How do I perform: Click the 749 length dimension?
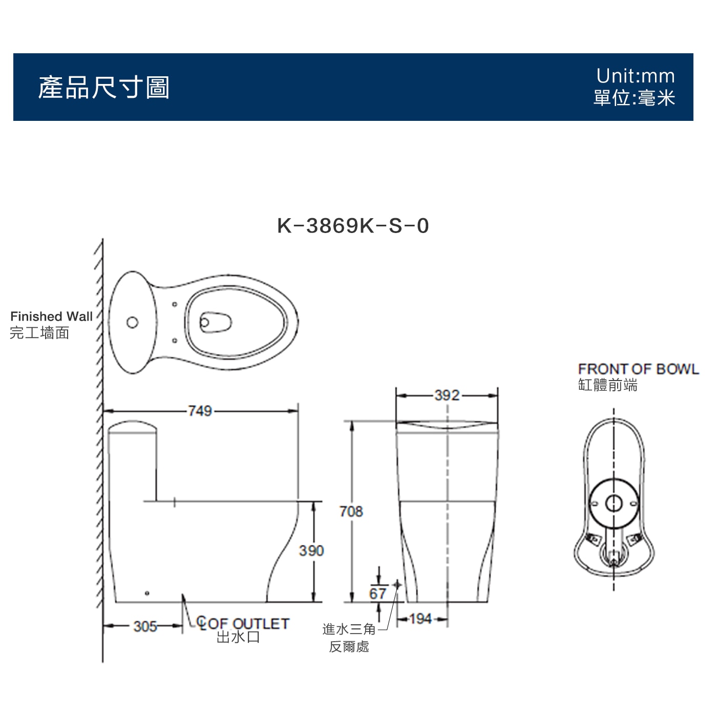[x=200, y=411]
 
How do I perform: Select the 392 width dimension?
[x=447, y=395]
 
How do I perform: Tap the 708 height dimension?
[x=351, y=511]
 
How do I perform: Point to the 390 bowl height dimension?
[x=311, y=551]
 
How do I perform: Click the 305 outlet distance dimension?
[x=145, y=626]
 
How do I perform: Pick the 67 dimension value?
[x=377, y=594]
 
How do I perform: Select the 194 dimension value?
[x=421, y=619]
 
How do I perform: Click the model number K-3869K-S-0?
[x=353, y=225]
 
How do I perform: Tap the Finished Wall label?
[x=51, y=317]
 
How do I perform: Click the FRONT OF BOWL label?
[x=639, y=369]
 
